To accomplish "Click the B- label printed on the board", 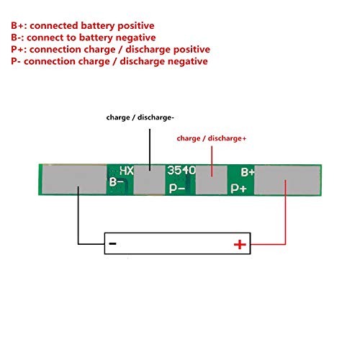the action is pos(116,182).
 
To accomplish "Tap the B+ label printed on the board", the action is pos(248,172).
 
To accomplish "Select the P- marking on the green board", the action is pos(177,189).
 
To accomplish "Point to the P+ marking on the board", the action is pos(238,189).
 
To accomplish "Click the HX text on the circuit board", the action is pos(127,171).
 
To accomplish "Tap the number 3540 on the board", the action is pos(181,170).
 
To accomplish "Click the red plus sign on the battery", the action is pos(240,245).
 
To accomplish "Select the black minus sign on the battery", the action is pos(112,244).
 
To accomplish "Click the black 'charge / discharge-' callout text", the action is pos(140,117).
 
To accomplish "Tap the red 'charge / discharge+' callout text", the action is pos(212,138).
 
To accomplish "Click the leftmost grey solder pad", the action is pos(74,179).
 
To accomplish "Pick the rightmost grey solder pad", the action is pos(287,180).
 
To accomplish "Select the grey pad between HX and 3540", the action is pos(149,179).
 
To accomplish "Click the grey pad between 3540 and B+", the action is pos(212,180).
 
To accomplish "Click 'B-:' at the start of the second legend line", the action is pos(17,37).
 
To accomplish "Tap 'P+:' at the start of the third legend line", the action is pos(19,50).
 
